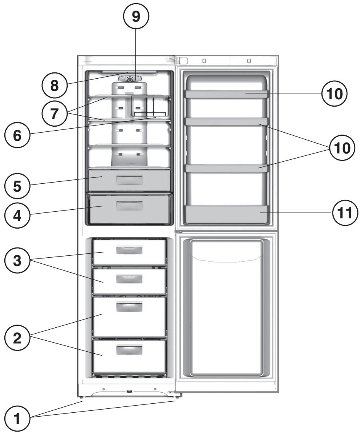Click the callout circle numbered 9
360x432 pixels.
(136, 16)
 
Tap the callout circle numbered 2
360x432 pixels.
(17, 339)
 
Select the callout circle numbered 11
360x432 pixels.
(343, 213)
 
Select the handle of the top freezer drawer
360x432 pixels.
(129, 249)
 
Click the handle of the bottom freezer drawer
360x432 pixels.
(129, 349)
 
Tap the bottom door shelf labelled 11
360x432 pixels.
(227, 214)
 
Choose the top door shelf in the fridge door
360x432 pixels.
(227, 94)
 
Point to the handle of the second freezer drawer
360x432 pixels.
(129, 279)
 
